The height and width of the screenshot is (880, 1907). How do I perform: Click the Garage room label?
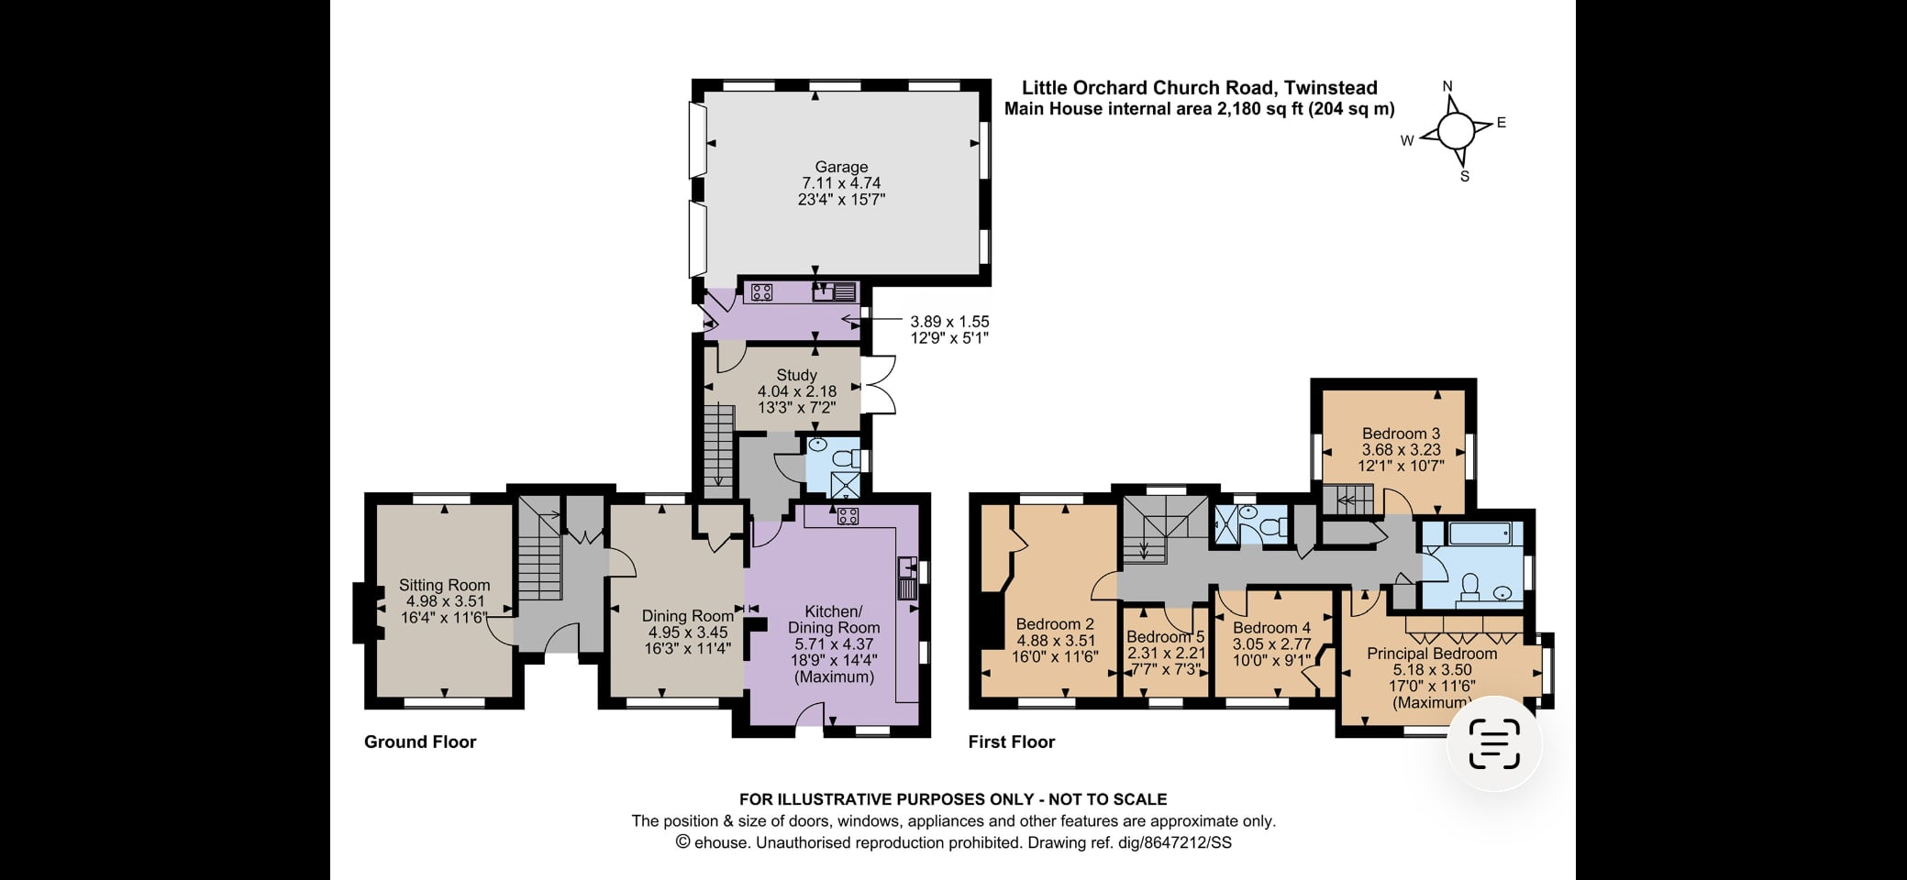[841, 167]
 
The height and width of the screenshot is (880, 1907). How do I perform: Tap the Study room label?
[796, 375]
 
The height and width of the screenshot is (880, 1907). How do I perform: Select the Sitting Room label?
[444, 585]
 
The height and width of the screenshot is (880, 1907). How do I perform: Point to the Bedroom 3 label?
[1401, 434]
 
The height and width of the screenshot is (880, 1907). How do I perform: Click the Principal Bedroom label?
[1432, 654]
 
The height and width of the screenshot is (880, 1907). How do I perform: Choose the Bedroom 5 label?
[1165, 636]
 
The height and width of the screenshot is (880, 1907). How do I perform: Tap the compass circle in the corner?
[1456, 132]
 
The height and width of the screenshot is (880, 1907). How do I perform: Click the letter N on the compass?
[1448, 87]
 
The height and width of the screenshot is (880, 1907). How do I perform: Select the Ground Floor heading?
[420, 742]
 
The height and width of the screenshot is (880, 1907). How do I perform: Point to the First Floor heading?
[1012, 742]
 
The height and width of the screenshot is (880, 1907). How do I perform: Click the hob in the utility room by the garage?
[761, 292]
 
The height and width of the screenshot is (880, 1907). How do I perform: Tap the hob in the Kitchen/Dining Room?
[848, 516]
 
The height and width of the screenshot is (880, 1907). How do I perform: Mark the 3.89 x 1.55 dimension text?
[949, 322]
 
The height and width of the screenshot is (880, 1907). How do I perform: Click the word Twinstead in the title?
[1331, 88]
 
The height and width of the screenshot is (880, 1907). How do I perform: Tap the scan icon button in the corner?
[1494, 743]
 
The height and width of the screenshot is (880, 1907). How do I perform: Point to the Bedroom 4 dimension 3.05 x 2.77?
[1271, 643]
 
